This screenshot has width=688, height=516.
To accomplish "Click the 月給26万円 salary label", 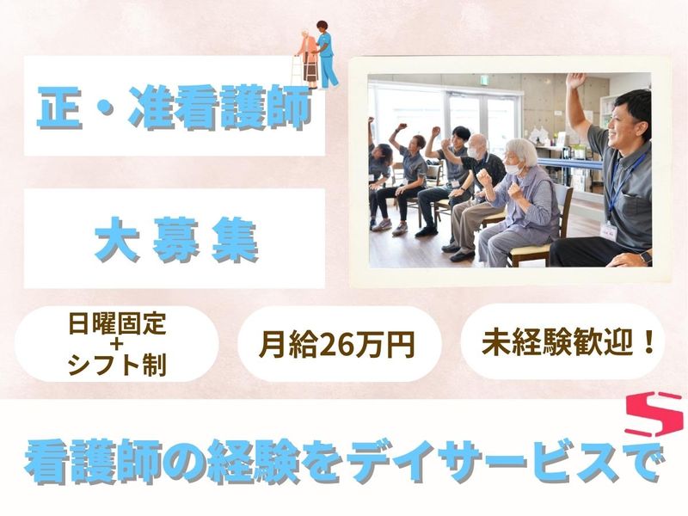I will pos(338,344).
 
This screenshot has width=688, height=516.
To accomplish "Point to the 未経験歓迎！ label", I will pos(570,343).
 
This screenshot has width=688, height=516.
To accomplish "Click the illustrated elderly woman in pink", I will pos(306,53).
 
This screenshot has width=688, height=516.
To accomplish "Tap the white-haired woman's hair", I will pos(520,150).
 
